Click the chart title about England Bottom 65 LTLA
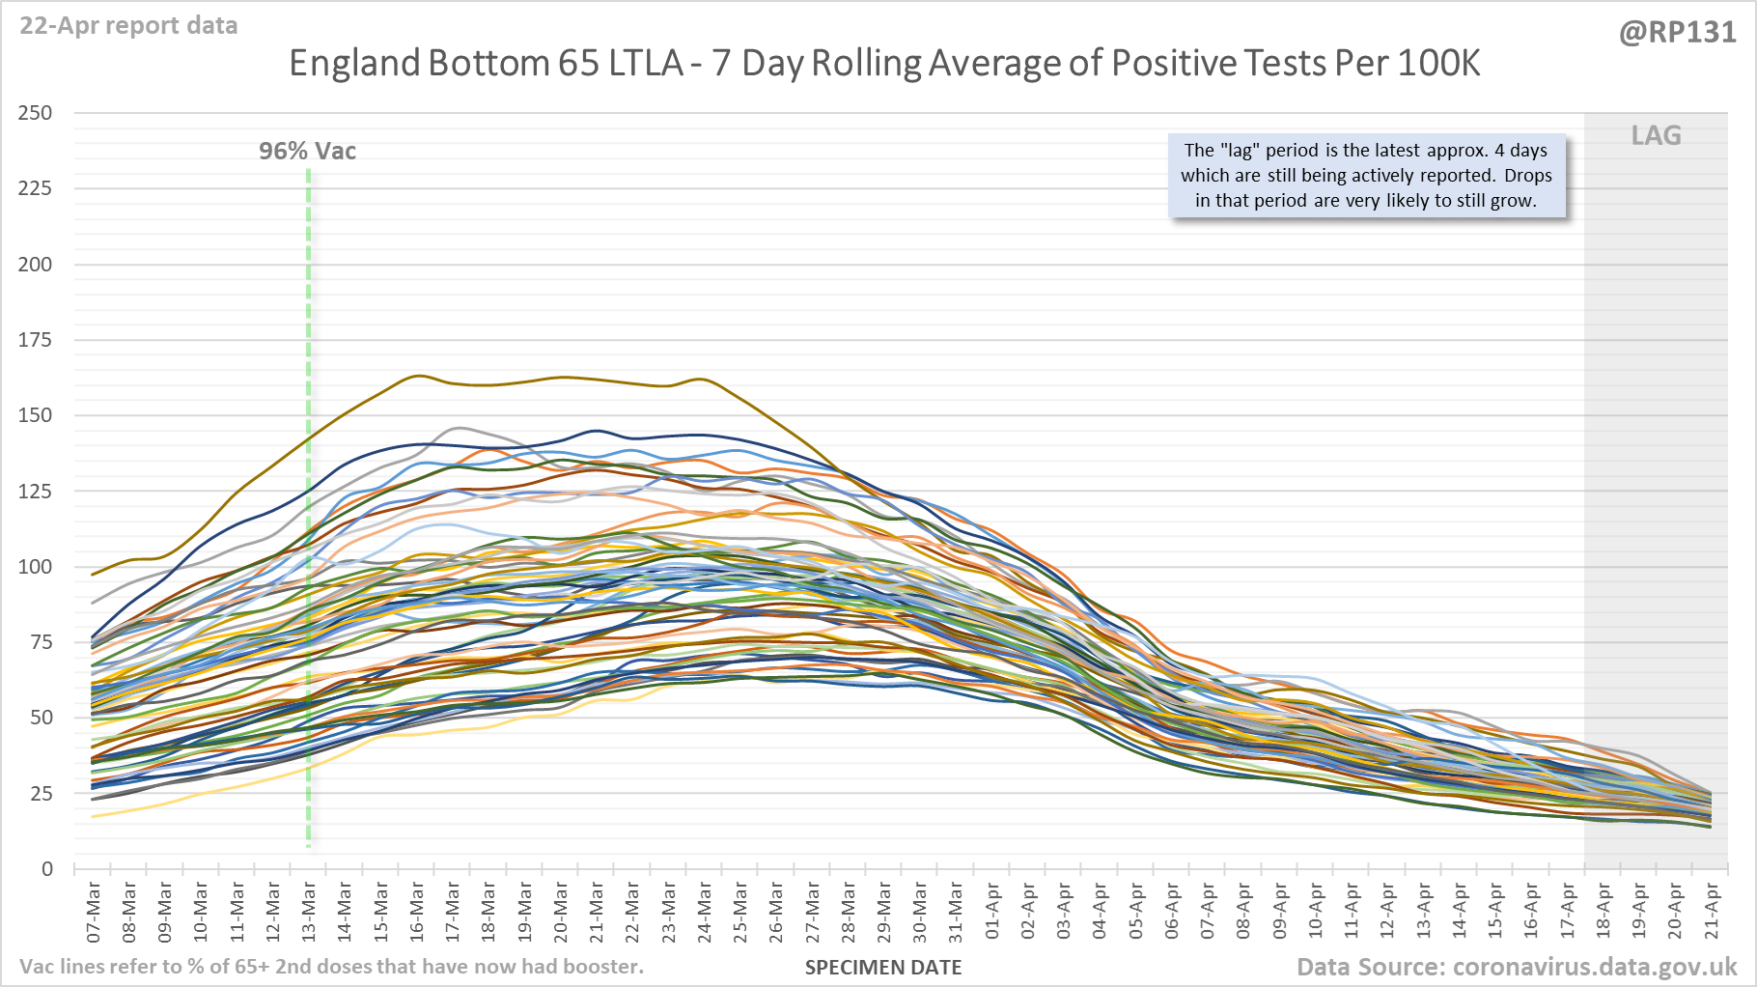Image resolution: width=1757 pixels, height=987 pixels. click(884, 64)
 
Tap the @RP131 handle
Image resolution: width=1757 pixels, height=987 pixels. click(1677, 33)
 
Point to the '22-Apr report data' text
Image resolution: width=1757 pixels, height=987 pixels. click(128, 26)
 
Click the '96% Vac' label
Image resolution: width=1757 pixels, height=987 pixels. click(307, 152)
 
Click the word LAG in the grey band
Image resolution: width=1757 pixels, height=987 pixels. click(1656, 136)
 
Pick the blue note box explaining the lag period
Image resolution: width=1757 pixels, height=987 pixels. click(1366, 176)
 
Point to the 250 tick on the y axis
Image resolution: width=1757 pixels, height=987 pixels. click(35, 113)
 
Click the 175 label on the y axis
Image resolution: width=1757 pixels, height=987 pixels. click(35, 340)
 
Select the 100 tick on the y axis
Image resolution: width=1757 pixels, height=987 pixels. click(35, 567)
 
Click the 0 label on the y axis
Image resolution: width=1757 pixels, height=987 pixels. click(46, 869)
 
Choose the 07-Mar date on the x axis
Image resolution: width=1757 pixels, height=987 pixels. click(94, 912)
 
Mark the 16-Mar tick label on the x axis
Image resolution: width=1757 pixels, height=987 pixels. click(417, 912)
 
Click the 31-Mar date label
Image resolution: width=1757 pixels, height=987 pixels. click(956, 912)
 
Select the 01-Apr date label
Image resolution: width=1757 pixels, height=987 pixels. click(992, 912)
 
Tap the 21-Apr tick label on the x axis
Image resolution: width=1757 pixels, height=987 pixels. click(1711, 912)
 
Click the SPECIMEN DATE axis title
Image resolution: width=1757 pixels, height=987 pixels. click(883, 968)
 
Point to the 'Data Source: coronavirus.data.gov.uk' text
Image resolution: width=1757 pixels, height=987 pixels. click(1517, 967)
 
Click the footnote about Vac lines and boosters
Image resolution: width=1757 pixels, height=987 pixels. click(331, 967)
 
